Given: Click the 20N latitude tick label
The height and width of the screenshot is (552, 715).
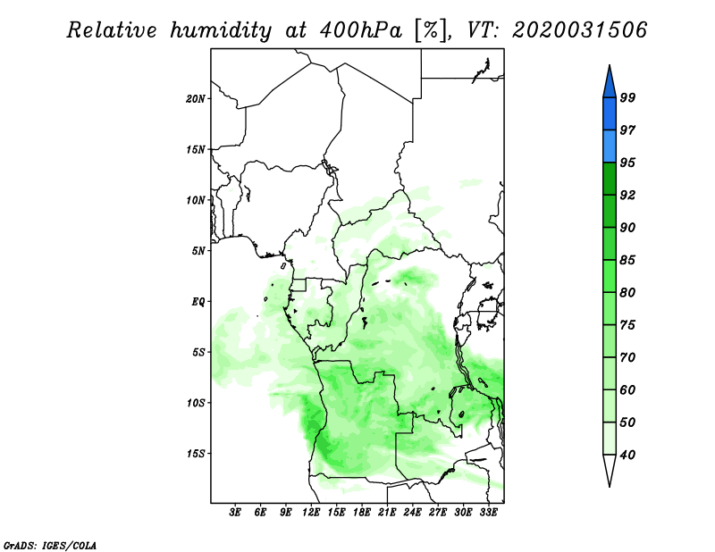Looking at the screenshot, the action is [196, 99].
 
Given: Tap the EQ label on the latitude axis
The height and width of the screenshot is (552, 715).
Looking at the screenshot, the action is [198, 302].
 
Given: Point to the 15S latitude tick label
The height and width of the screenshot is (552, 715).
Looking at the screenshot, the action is [196, 454].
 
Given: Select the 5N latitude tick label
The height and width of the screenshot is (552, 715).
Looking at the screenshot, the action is [198, 251].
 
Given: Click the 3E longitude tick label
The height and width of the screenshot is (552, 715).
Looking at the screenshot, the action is [235, 513].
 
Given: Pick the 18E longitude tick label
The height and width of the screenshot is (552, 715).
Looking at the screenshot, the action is [362, 513].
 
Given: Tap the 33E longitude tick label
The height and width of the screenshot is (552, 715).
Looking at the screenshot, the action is [488, 513].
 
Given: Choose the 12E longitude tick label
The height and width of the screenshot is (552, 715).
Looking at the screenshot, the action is [311, 513].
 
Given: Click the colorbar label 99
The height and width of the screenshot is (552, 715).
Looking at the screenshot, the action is [627, 97].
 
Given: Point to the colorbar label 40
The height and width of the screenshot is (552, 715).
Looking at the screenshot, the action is [627, 455].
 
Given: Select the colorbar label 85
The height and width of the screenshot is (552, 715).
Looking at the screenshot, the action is [627, 260].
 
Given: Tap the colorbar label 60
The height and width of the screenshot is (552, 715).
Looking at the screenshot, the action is [627, 389].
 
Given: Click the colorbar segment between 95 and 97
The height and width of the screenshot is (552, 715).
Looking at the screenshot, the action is [610, 146].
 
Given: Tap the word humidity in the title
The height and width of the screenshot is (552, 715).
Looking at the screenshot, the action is [221, 30].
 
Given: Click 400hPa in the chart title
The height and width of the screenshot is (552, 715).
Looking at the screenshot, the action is [361, 30].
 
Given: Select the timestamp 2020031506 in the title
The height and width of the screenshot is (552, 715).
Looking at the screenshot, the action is [579, 29].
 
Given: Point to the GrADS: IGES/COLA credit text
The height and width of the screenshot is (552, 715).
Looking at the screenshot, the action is [50, 545].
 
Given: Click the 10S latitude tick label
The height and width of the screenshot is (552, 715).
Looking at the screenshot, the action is [196, 404].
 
